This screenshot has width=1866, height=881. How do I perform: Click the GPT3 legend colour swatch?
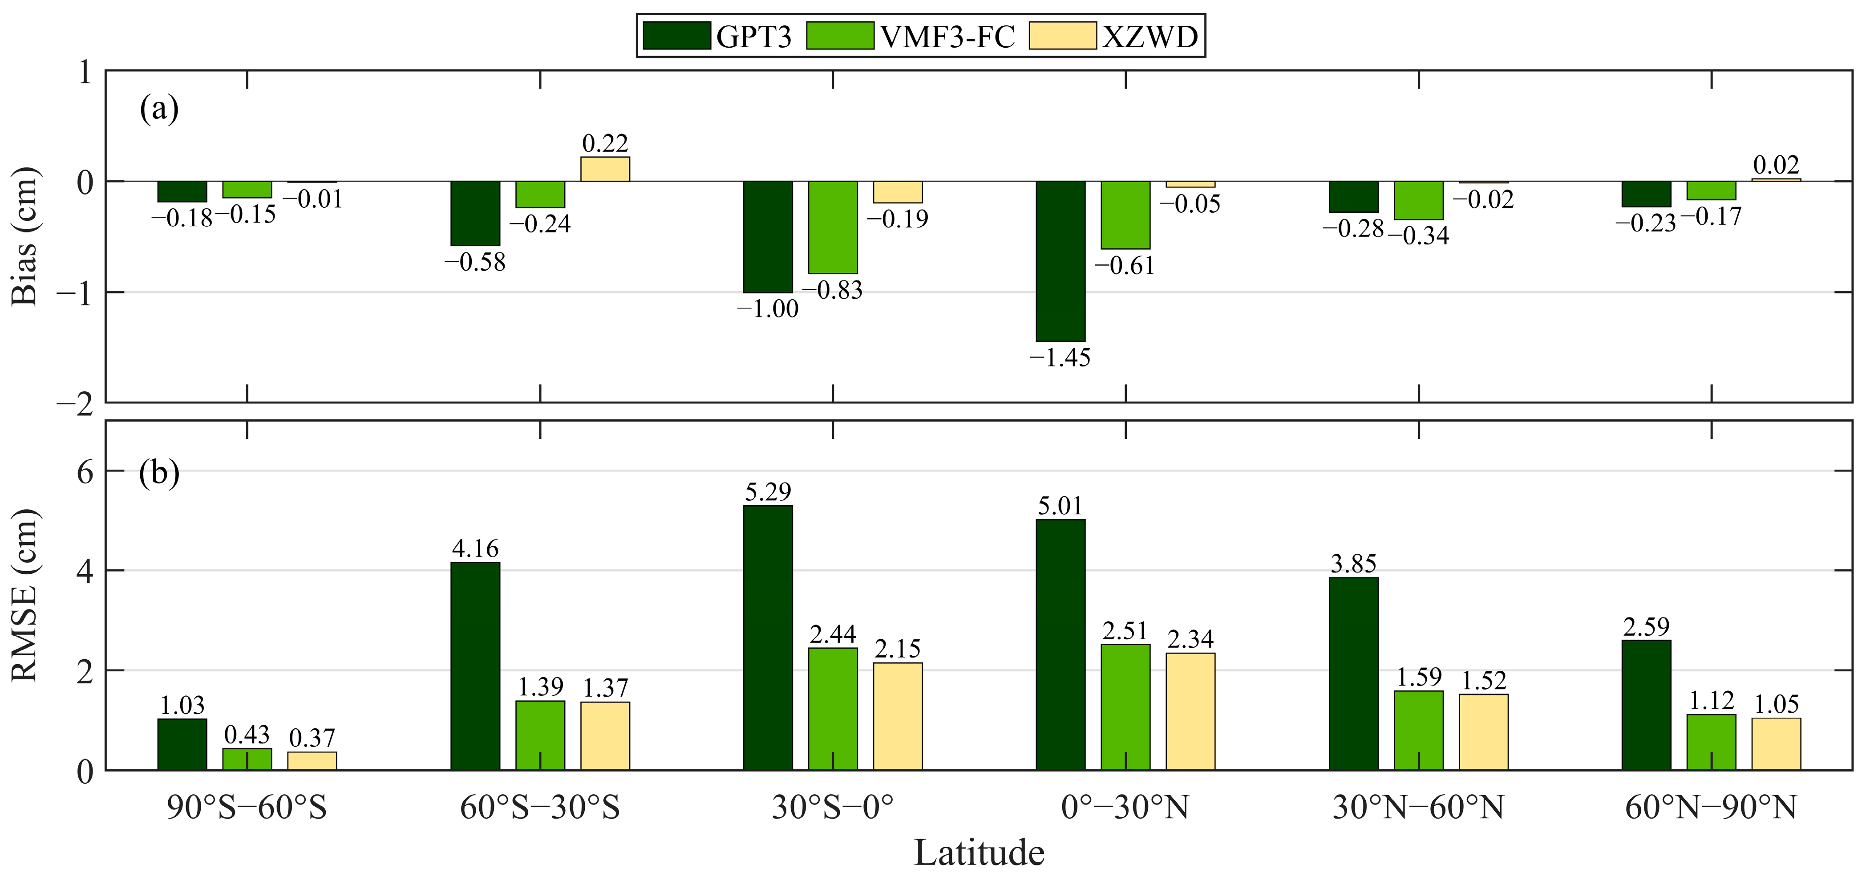tap(676, 36)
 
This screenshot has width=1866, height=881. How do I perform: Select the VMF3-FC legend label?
tap(947, 36)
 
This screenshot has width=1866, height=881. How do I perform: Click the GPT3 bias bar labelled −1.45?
tap(1061, 261)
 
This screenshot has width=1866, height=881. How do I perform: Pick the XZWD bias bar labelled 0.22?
tap(605, 169)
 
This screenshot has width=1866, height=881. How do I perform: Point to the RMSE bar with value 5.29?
tap(768, 637)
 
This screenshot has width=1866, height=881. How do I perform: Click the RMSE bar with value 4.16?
tap(475, 666)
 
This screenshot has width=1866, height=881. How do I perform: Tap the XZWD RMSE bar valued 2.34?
tap(1190, 711)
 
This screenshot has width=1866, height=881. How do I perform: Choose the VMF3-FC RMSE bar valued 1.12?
tap(1711, 742)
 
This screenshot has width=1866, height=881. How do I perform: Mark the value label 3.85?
tap(1353, 564)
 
